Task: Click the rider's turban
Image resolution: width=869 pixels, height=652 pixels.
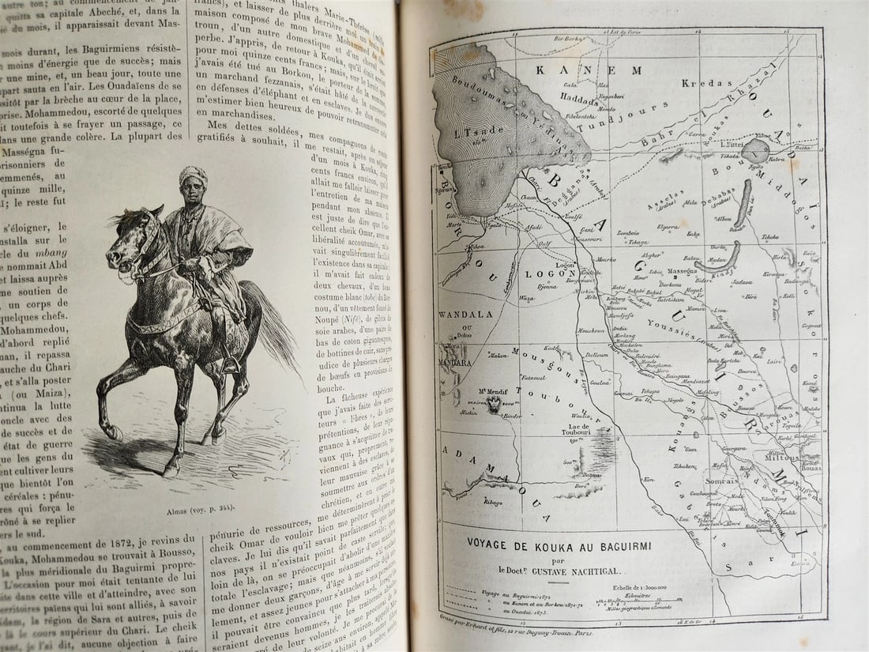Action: coord(193,175)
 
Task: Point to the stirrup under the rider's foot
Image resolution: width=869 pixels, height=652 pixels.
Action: coord(231,365)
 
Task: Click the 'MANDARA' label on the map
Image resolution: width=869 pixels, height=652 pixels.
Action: coord(455,363)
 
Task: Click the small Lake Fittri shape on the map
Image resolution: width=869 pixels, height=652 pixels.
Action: coord(755,150)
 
